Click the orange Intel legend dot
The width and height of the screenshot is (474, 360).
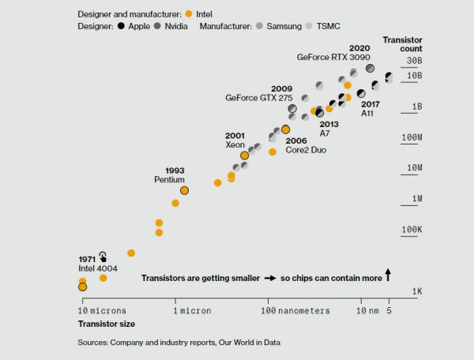(187, 13)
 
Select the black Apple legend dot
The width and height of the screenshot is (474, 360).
(122, 26)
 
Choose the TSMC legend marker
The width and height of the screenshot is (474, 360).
(310, 26)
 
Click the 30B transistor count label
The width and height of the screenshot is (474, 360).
(415, 61)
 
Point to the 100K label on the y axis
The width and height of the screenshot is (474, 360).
(412, 230)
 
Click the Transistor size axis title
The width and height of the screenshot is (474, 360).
(106, 324)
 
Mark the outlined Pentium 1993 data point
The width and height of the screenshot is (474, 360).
(184, 190)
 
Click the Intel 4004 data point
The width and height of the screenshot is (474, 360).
(83, 287)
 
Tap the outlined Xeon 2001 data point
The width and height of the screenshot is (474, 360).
(245, 156)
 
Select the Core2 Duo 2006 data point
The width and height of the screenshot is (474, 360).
(286, 129)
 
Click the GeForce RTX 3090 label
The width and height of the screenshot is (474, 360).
(333, 57)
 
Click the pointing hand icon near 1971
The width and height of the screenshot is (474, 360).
(103, 257)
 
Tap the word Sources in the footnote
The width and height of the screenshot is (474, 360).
(93, 343)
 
